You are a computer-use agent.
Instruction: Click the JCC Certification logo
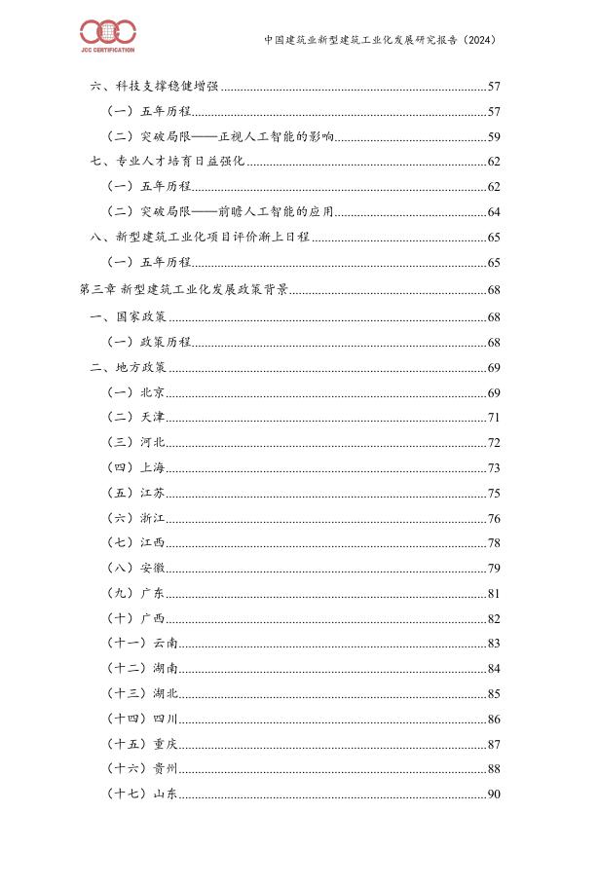[x=107, y=37]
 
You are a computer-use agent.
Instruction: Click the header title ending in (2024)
[x=380, y=41]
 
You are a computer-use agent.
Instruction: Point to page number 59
[x=493, y=137]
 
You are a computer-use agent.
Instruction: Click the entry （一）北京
[x=135, y=393]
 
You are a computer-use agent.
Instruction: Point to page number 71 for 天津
[x=493, y=417]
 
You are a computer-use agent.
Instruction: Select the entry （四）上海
[x=135, y=468]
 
